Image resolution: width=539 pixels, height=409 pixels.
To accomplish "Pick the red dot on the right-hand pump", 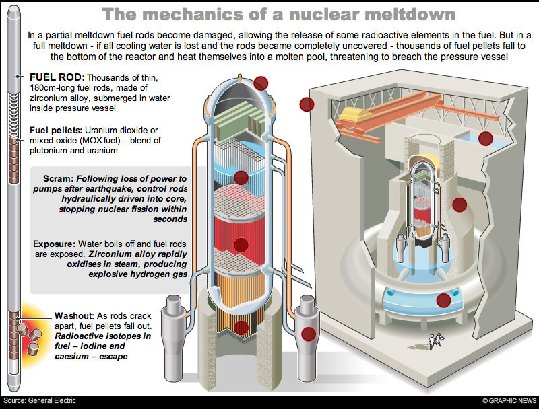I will (309, 333).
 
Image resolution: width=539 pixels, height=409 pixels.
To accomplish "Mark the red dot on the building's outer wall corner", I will (308, 104).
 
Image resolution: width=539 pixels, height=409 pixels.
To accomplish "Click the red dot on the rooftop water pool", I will (485, 139).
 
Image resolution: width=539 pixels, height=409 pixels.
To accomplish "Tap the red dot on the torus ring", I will (443, 300).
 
